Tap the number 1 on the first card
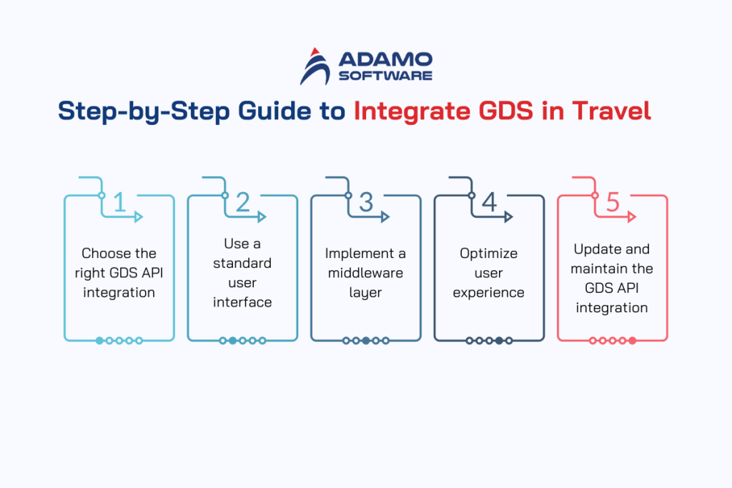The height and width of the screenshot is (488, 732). [119, 203]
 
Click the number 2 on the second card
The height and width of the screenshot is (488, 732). [242, 203]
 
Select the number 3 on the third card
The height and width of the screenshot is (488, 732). [366, 203]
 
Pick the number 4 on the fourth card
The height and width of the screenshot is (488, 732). [489, 203]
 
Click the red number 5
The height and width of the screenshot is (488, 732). [613, 203]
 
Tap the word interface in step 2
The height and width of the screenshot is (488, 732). [242, 302]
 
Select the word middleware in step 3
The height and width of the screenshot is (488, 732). [365, 273]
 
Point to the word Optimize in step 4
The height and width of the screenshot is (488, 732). [489, 254]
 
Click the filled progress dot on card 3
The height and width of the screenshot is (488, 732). [366, 341]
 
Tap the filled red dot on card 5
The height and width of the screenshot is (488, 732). [633, 341]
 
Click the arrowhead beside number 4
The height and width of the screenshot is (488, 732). [508, 216]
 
